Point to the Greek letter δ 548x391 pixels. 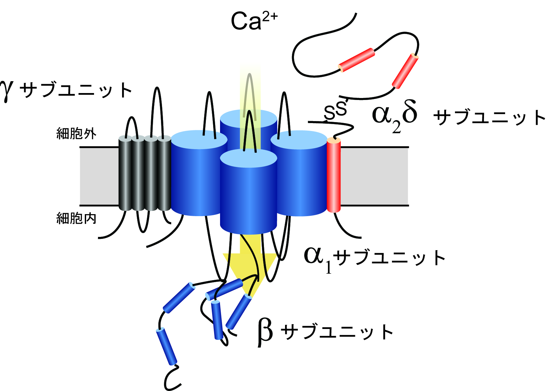406,112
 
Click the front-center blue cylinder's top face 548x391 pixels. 248,158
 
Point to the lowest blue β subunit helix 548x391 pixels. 167,346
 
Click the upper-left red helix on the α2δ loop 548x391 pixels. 357,60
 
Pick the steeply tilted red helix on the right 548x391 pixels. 405,71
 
